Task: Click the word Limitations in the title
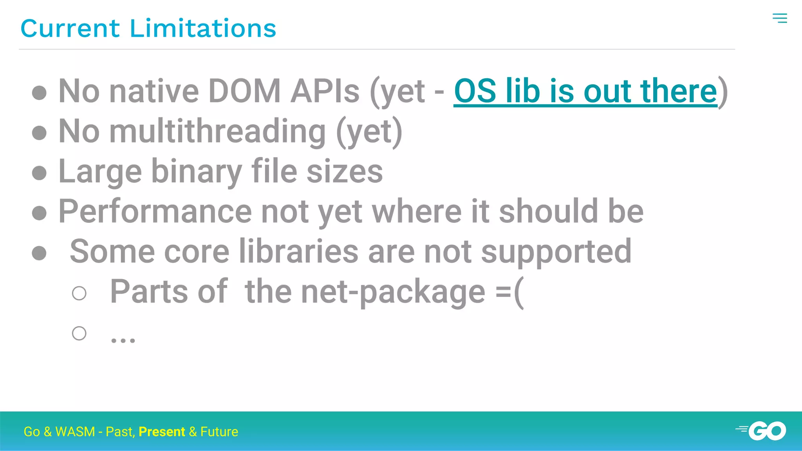[203, 29]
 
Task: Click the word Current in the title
[70, 29]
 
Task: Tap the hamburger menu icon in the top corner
[780, 18]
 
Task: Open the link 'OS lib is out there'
[585, 91]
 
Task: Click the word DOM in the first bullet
[244, 91]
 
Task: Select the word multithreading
[217, 132]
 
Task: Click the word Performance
[155, 211]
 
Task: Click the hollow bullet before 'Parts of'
[79, 293]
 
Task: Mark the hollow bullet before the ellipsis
[79, 333]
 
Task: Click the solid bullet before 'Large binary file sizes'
[39, 173]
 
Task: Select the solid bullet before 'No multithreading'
[39, 133]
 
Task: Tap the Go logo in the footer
[762, 431]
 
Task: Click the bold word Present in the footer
[162, 431]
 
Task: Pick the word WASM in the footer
[75, 431]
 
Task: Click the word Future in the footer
[219, 431]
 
